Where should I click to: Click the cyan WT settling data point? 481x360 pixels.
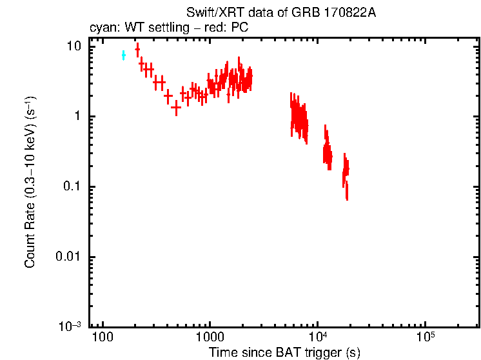click(x=123, y=55)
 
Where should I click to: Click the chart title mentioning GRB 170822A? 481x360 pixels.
click(x=280, y=14)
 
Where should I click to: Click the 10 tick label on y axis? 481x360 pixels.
click(x=74, y=46)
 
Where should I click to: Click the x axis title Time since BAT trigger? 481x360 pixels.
click(x=284, y=352)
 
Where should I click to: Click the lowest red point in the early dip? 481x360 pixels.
click(x=176, y=108)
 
